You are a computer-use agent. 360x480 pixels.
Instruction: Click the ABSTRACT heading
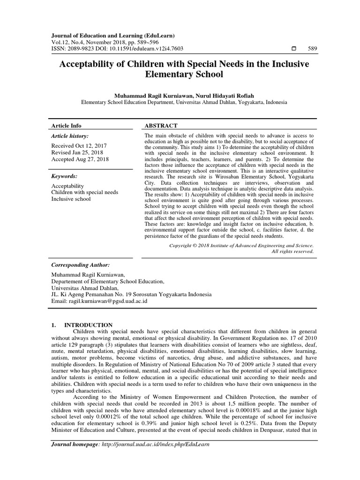(162, 126)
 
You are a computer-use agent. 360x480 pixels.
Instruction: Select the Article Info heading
(66, 126)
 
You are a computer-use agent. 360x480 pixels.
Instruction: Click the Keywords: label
(64, 176)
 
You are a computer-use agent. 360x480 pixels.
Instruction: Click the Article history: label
(70, 136)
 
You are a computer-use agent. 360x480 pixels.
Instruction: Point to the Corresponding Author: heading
(80, 265)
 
